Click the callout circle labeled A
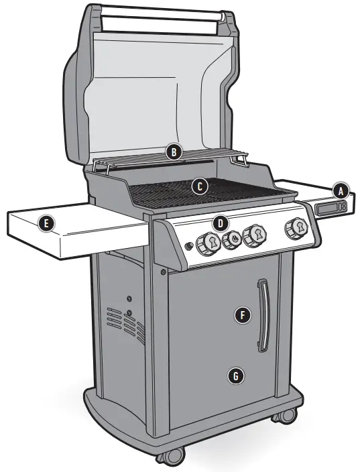pyautogui.click(x=342, y=191)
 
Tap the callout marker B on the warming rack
pyautogui.click(x=174, y=152)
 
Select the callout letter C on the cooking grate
pyautogui.click(x=198, y=186)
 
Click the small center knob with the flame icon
pyautogui.click(x=233, y=238)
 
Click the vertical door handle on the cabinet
pyautogui.click(x=263, y=316)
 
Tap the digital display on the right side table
pyautogui.click(x=332, y=209)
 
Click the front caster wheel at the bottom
pyautogui.click(x=170, y=456)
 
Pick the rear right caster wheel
pyautogui.click(x=284, y=416)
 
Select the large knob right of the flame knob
pyautogui.click(x=255, y=235)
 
